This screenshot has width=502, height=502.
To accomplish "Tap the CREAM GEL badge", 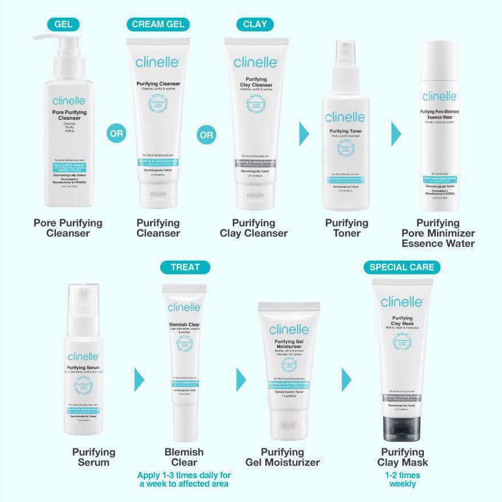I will [x=158, y=25].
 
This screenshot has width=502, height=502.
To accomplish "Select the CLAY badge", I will [x=255, y=25].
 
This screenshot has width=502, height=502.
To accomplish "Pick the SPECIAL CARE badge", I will [x=402, y=267].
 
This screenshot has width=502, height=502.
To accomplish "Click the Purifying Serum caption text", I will [x=94, y=457].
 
